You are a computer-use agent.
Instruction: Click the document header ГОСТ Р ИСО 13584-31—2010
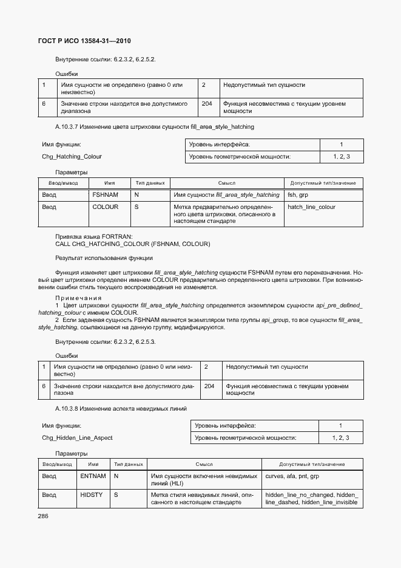coord(85,41)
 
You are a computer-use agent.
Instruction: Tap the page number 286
coord(43,515)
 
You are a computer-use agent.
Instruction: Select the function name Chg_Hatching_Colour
coord(72,156)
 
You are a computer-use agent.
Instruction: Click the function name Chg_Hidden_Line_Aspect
coord(77,437)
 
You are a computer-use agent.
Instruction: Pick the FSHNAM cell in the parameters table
coord(105,195)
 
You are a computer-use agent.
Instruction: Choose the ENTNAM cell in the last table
coord(93,476)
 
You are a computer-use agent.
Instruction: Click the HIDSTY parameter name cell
coord(91,495)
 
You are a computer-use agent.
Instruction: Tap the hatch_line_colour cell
coord(311,207)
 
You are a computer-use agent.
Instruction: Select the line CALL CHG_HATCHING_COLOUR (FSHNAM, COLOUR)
coord(132,244)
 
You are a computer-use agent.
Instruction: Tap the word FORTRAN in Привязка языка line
coord(115,236)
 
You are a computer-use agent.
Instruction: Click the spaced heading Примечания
coord(78,298)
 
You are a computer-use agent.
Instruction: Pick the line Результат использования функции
coord(104,258)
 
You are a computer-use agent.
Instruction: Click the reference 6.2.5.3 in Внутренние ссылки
coord(144,342)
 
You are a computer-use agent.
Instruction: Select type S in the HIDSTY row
coord(116,495)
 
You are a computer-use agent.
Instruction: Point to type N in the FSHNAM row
coord(136,195)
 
